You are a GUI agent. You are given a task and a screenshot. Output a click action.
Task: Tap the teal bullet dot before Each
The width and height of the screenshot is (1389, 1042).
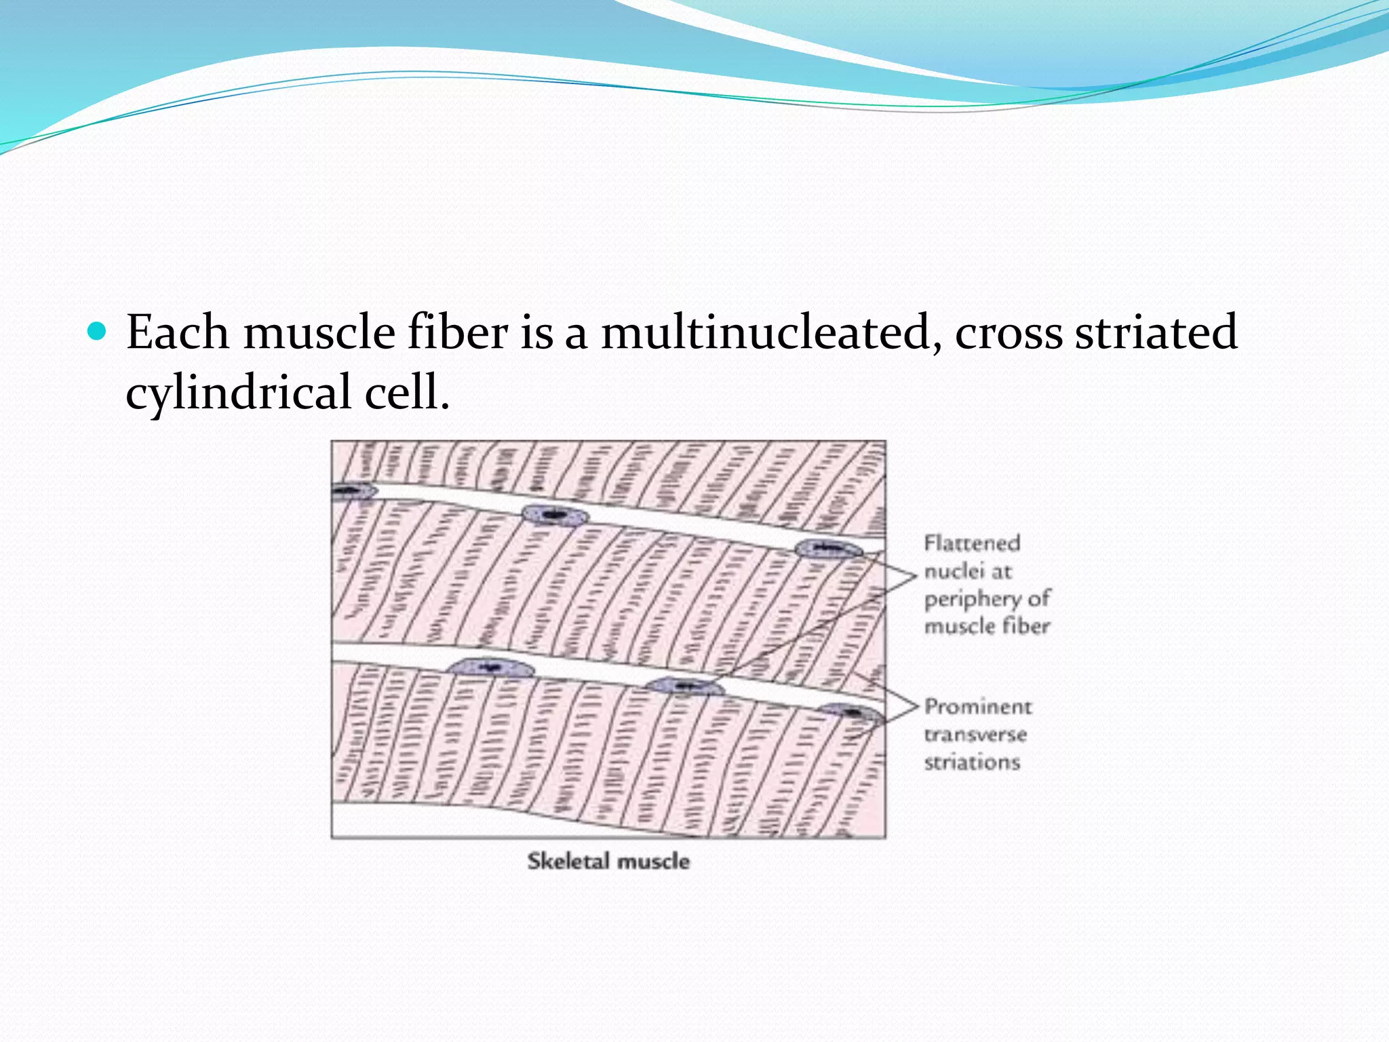tap(98, 331)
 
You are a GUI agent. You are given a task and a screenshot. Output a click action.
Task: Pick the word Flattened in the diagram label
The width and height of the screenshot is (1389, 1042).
tap(972, 543)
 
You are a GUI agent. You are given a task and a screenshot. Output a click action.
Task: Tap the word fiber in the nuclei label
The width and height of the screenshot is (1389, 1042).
tap(1026, 625)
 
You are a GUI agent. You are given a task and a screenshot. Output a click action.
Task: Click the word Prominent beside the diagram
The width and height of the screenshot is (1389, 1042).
tap(978, 707)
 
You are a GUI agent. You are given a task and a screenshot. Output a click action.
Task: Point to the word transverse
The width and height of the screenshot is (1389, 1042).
tap(975, 735)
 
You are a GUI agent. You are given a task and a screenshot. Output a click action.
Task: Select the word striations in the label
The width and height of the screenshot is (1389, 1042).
tap(972, 763)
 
